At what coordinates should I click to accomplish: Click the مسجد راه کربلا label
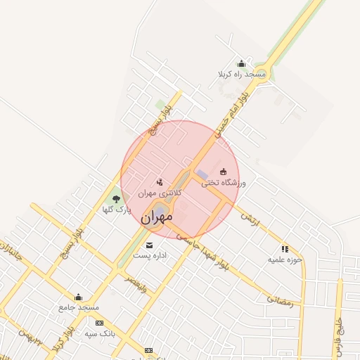pos(242,73)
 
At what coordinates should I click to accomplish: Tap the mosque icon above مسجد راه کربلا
pos(242,63)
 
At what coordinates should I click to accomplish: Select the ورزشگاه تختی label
pos(224,183)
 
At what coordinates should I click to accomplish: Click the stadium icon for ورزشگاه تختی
pos(224,172)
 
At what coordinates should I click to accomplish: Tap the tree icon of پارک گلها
pos(116,200)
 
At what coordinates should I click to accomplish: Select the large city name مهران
pos(156,219)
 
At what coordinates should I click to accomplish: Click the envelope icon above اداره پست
pos(149,245)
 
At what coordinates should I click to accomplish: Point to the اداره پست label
pos(150,255)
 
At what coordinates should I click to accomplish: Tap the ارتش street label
pos(250,220)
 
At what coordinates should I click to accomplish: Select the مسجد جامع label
pos(79,308)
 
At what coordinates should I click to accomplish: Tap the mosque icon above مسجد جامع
pos(78,297)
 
